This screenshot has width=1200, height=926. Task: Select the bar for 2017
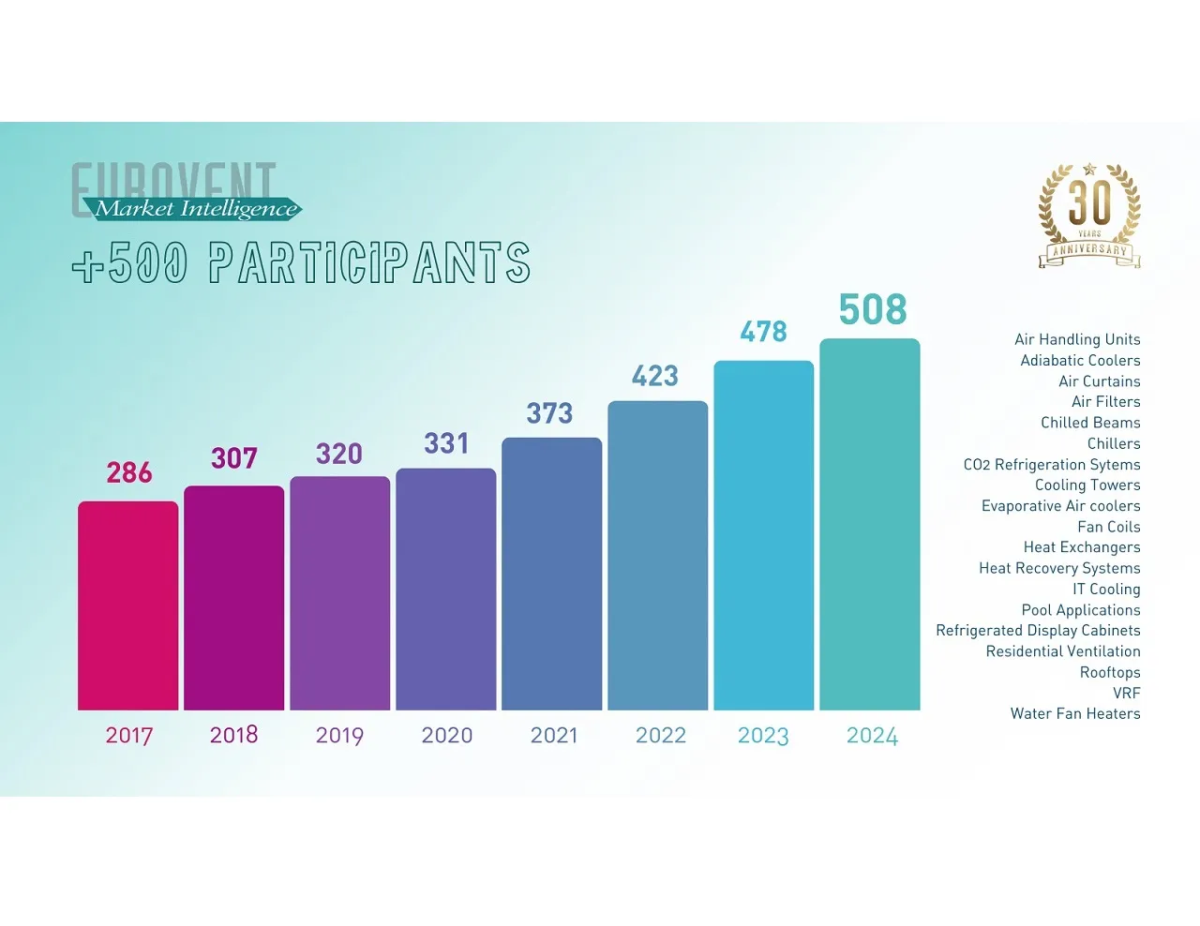pyautogui.click(x=127, y=605)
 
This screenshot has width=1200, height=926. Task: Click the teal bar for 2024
pyautogui.click(x=869, y=525)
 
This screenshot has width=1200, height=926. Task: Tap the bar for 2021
pyautogui.click(x=551, y=574)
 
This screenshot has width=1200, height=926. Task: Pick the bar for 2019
pyautogui.click(x=339, y=593)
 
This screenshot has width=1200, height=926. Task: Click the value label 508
pyautogui.click(x=872, y=310)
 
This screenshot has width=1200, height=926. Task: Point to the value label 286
pyautogui.click(x=129, y=472)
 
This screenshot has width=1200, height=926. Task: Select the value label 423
pyautogui.click(x=654, y=377)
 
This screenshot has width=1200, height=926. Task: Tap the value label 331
pyautogui.click(x=445, y=443)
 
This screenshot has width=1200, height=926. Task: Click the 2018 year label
pyautogui.click(x=233, y=735)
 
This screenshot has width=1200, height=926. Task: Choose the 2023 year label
pyautogui.click(x=763, y=736)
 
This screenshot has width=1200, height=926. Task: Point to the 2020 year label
pyautogui.click(x=446, y=736)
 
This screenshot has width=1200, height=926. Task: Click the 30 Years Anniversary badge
pyautogui.click(x=1089, y=215)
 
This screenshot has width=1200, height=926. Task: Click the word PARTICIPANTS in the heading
pyautogui.click(x=369, y=263)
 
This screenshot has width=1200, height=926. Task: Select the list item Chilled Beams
pyautogui.click(x=1090, y=423)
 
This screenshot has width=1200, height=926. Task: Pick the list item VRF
pyautogui.click(x=1126, y=694)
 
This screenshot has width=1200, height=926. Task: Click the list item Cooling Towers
pyautogui.click(x=1087, y=485)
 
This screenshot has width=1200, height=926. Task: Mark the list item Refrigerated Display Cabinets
pyautogui.click(x=1038, y=631)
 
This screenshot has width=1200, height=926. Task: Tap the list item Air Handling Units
pyautogui.click(x=1077, y=339)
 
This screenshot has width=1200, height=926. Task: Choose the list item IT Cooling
pyautogui.click(x=1106, y=590)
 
